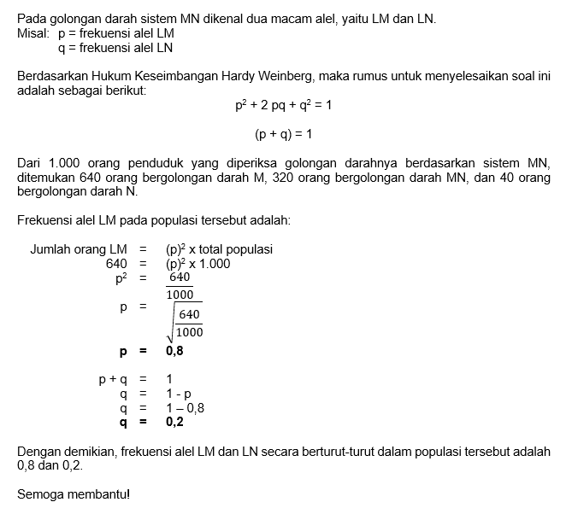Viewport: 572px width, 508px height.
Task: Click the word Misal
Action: tap(32, 32)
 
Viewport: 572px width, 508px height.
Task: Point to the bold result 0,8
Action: tap(174, 350)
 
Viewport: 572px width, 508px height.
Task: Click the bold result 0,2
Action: tap(174, 422)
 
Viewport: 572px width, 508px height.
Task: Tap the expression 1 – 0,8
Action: tap(185, 407)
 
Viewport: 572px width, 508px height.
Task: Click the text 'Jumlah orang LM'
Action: tap(79, 249)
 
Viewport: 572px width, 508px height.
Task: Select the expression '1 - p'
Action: tap(179, 394)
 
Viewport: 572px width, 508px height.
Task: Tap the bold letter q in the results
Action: tap(123, 422)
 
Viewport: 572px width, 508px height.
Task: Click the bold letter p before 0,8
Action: tap(123, 350)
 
